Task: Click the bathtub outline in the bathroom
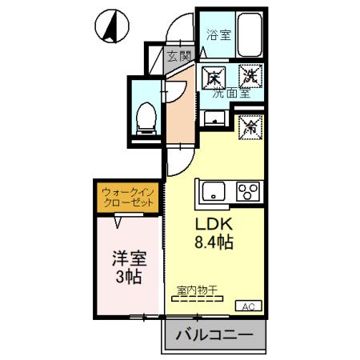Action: [x=249, y=34]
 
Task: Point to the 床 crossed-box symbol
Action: [x=213, y=78]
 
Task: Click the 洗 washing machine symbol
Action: [x=248, y=78]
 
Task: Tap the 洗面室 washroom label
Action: [x=230, y=94]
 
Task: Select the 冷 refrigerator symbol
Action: [x=250, y=126]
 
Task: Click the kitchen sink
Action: [x=215, y=193]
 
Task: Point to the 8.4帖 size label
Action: [x=211, y=242]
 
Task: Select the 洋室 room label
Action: [x=128, y=259]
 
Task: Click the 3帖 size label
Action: [x=128, y=278]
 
